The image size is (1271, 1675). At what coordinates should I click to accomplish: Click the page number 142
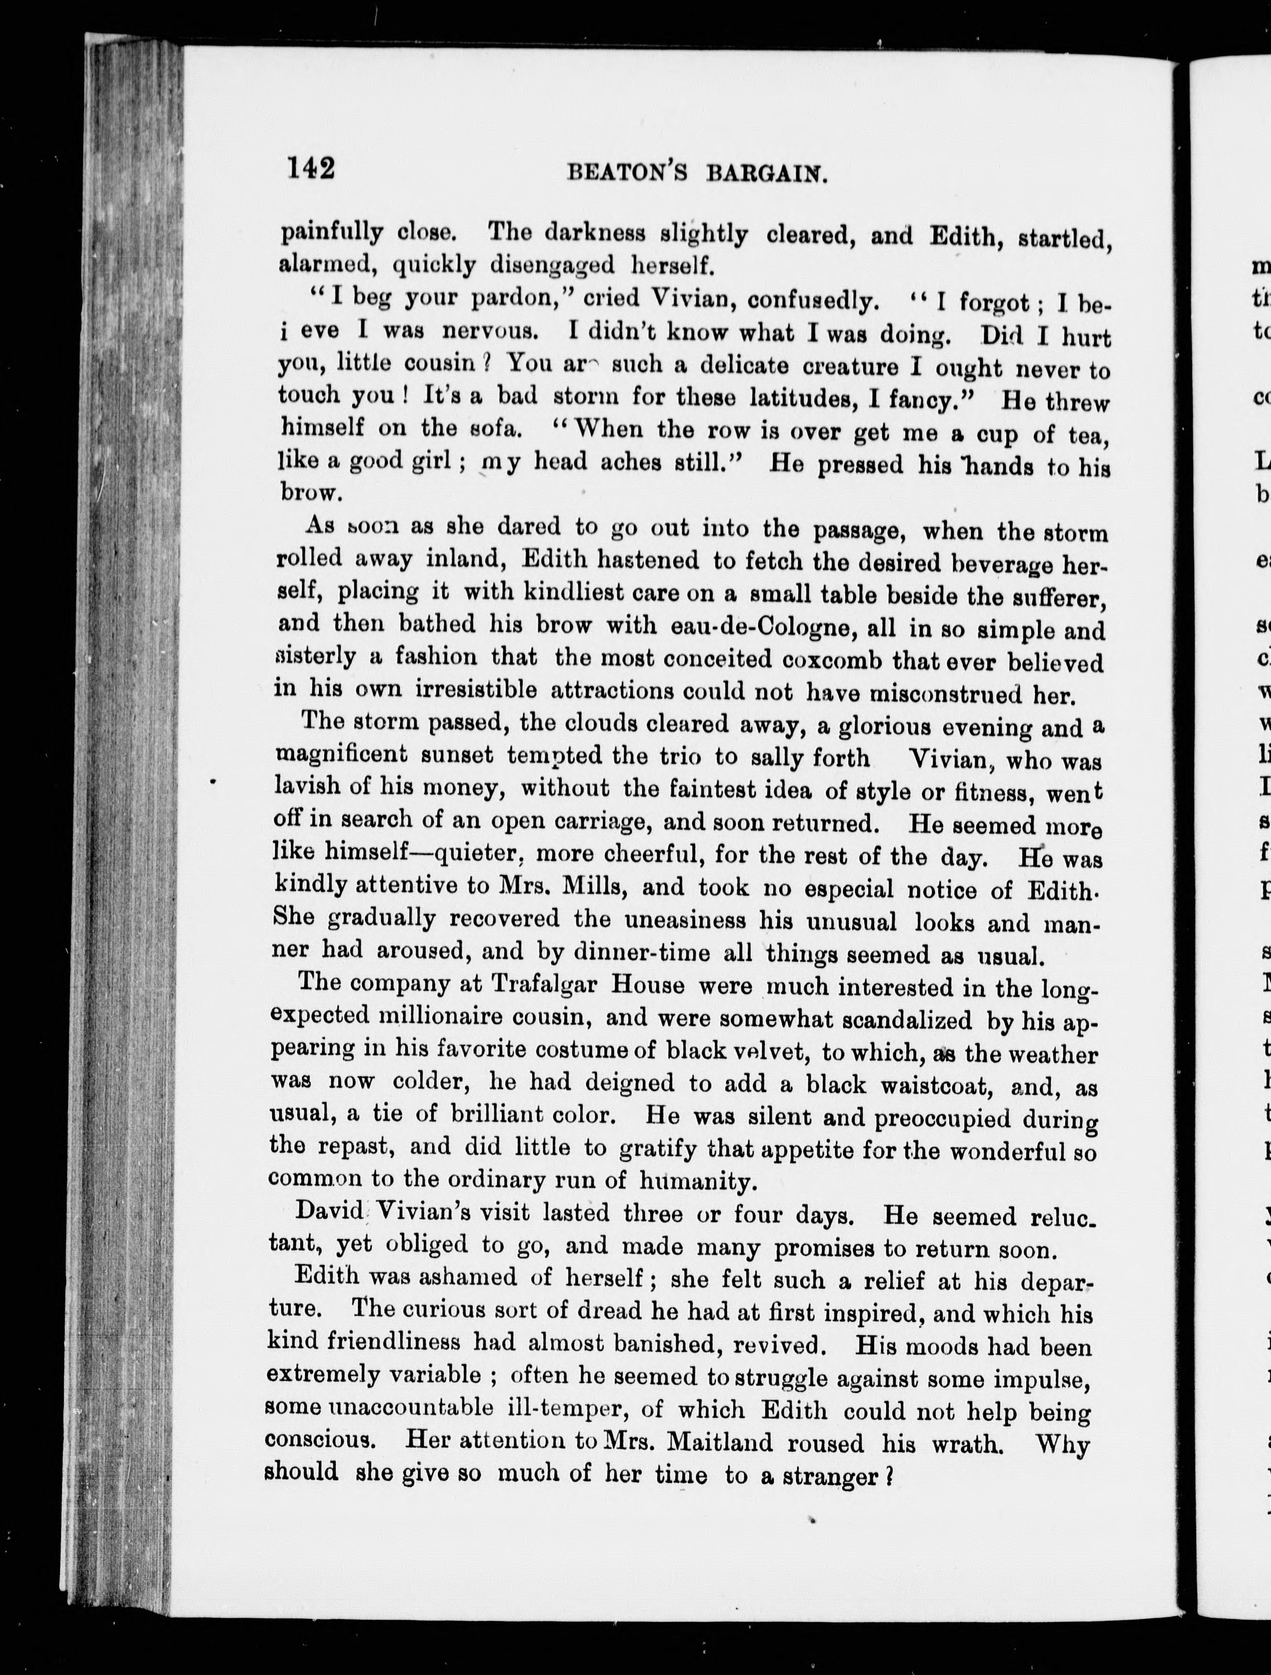coord(311,167)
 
